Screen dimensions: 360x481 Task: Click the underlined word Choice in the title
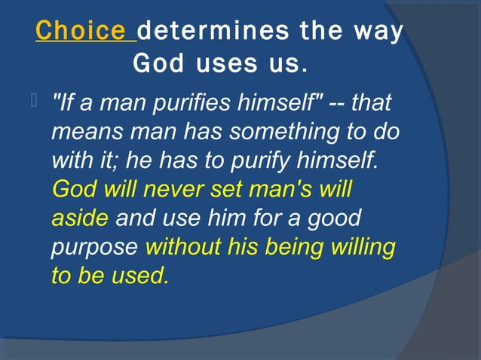tap(80, 31)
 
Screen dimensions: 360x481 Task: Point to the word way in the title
tap(375, 31)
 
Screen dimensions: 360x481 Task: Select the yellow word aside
tap(81, 218)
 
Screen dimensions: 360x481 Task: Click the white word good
tap(334, 218)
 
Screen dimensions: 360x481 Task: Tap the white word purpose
tap(94, 247)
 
